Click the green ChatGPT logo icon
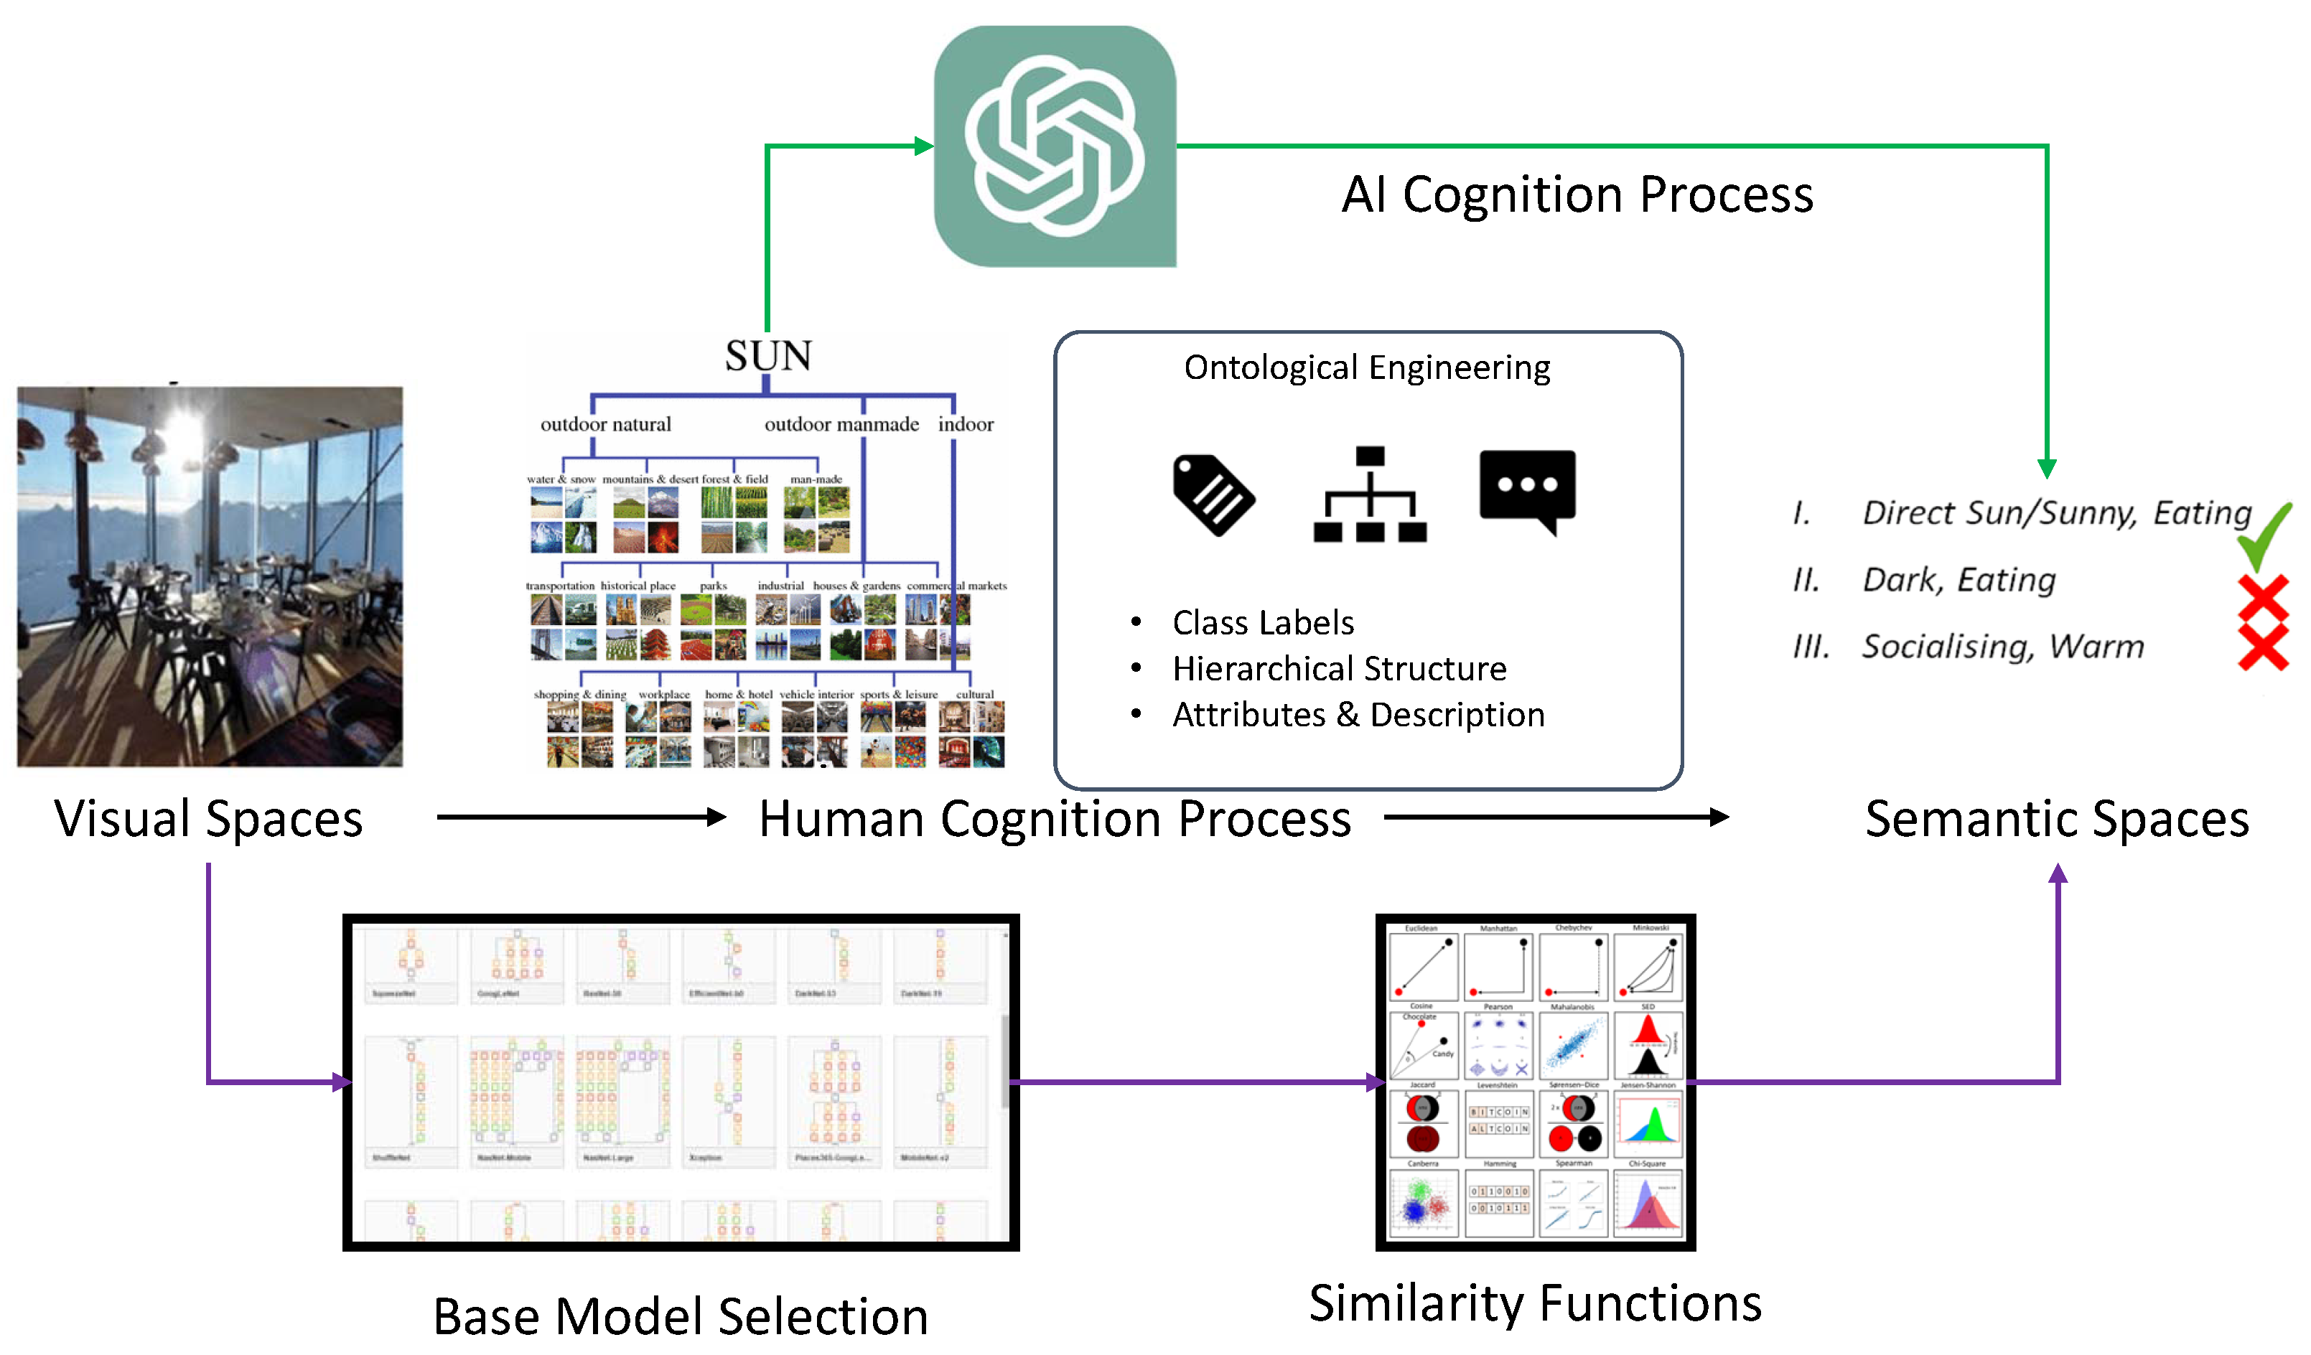click(1055, 146)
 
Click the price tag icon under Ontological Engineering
click(1213, 494)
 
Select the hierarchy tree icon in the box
click(1369, 494)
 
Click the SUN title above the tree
click(768, 356)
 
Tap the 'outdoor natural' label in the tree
click(605, 424)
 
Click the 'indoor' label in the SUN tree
click(965, 424)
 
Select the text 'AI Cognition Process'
click(1577, 194)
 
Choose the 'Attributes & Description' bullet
click(1358, 715)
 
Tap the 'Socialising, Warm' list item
click(2003, 647)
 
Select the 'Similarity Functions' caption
click(1535, 1303)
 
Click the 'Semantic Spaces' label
click(2057, 819)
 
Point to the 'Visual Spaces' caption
click(208, 819)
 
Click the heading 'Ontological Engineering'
click(1366, 367)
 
